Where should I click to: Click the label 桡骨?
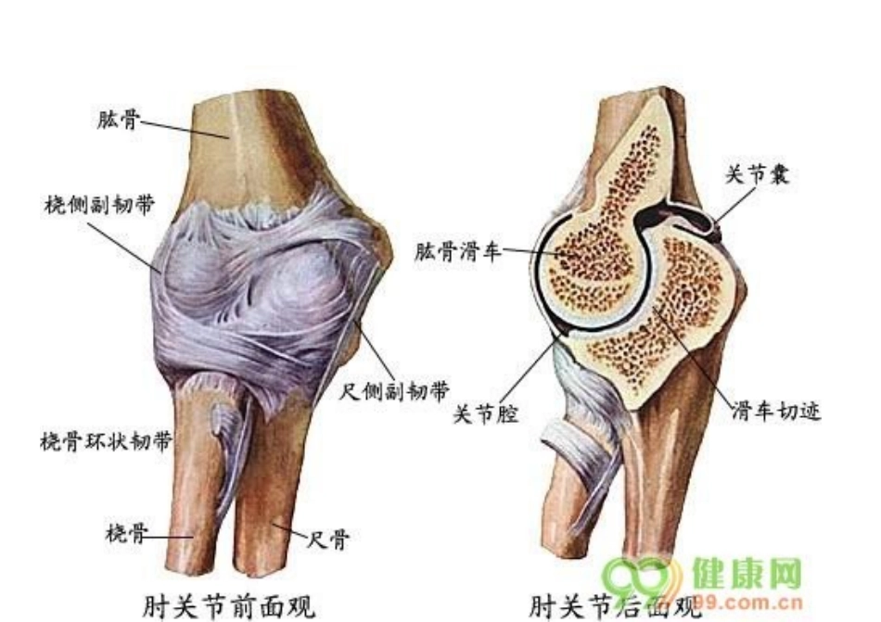pyautogui.click(x=123, y=533)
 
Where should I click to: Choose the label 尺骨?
pyautogui.click(x=328, y=539)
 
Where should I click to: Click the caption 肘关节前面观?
pyautogui.click(x=229, y=605)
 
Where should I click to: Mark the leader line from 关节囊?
pyautogui.click(x=733, y=203)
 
